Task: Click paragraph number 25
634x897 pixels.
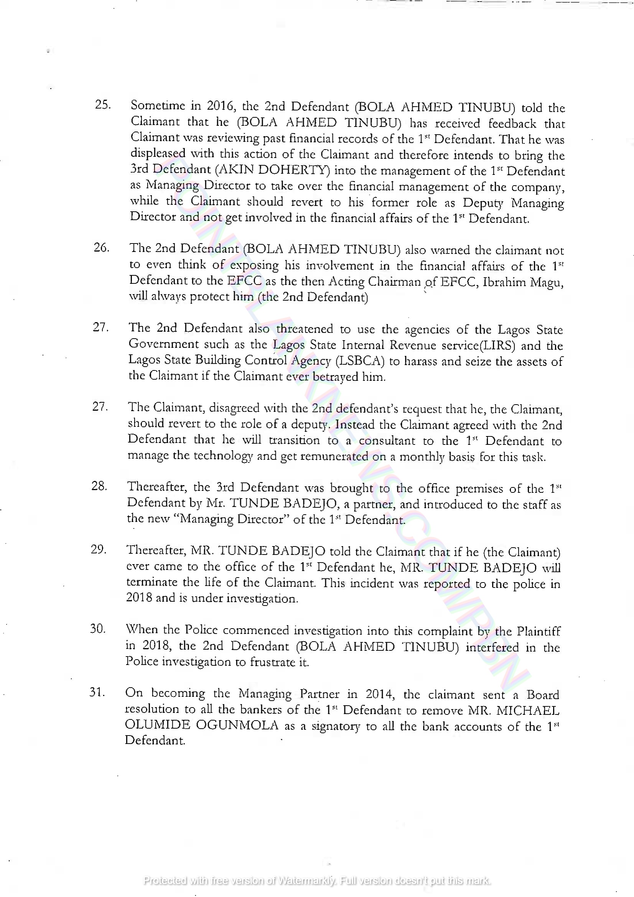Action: [103, 105]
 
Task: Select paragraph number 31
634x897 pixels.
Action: [97, 692]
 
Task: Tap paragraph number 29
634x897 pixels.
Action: [99, 549]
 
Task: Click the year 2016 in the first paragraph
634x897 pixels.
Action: [220, 105]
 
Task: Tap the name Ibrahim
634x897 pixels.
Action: [504, 282]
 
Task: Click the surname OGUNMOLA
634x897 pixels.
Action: [237, 725]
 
